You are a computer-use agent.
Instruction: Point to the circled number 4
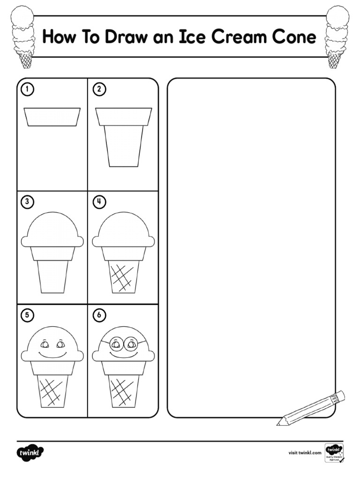coord(98,202)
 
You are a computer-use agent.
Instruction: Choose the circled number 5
coord(28,315)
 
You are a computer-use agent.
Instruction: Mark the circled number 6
coord(98,315)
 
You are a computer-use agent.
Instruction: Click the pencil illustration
coord(311,408)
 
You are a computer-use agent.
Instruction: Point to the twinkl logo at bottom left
coord(30,453)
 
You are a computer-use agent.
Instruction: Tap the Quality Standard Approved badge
coord(334,453)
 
